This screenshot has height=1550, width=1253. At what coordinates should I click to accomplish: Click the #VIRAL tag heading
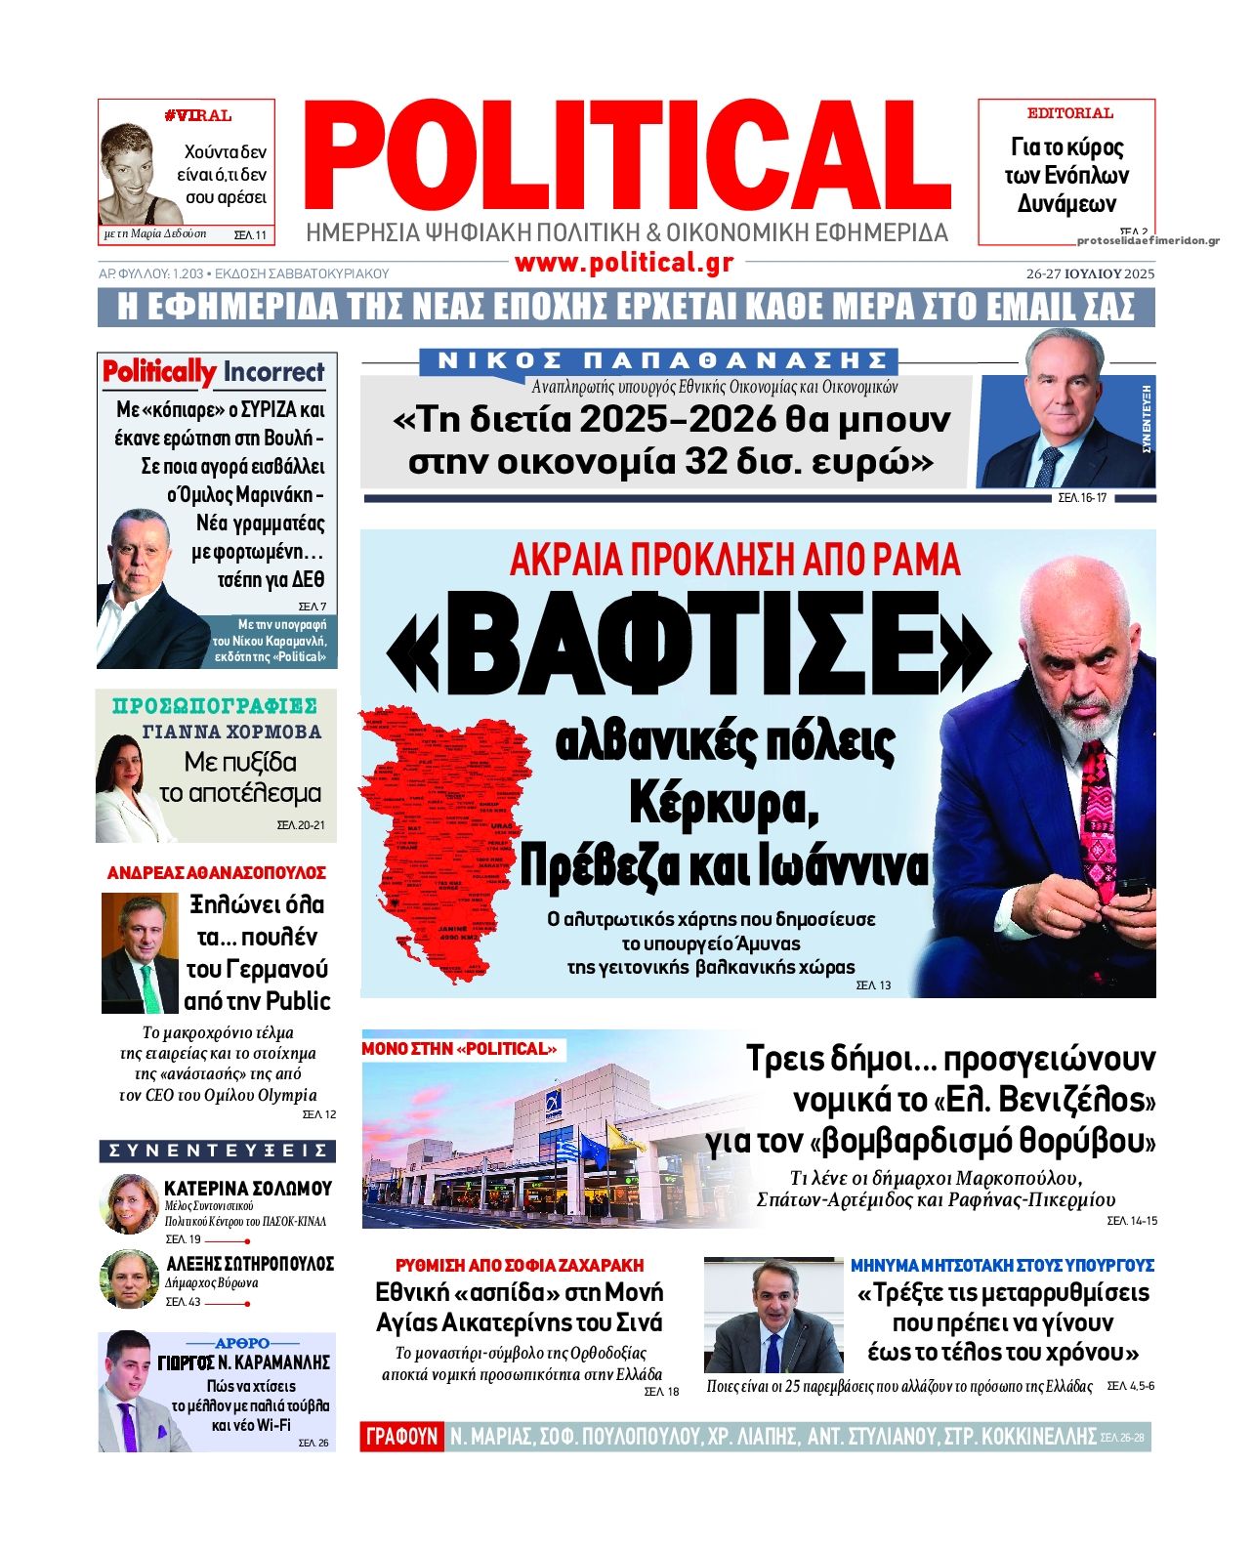coord(197,116)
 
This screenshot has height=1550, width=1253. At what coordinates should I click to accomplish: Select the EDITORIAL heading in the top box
coord(1069,113)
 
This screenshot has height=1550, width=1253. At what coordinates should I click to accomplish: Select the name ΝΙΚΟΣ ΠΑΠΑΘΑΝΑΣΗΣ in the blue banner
coord(659,360)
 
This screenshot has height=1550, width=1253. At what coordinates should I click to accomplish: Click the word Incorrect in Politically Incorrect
coord(273,372)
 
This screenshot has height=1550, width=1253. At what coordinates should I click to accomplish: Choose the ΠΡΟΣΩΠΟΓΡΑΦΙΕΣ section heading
coord(215,706)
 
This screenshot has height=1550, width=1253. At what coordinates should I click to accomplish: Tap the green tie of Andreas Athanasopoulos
coord(149,985)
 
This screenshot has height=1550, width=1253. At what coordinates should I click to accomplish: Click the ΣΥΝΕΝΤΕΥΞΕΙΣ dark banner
coord(218,1151)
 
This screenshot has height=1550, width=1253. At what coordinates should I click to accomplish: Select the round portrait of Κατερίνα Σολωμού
coord(129,1203)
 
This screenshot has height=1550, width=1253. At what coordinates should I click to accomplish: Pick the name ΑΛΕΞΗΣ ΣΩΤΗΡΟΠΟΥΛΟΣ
coord(250,1263)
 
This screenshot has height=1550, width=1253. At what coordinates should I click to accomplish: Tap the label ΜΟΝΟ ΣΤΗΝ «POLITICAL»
coord(460,1049)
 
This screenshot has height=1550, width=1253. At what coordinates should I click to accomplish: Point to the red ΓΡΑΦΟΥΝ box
coord(401,1436)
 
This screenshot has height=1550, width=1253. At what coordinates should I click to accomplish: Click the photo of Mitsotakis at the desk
coord(773,1316)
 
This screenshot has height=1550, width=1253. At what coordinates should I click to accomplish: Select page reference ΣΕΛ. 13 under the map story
coord(873,985)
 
